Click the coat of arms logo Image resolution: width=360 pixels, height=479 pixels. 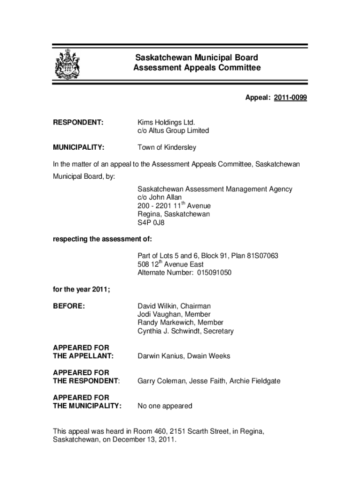coord(67,65)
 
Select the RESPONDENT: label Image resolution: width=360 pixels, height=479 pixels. coord(78,123)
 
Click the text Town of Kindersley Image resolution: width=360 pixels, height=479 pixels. coord(167,147)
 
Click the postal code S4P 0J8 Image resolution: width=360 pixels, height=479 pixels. coord(151,223)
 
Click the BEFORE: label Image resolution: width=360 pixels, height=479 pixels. coord(69,306)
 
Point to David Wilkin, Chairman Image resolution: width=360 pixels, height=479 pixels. coord(174,306)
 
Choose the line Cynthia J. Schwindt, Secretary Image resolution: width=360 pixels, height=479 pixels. coord(185,331)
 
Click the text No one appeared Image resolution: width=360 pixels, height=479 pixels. coord(165,406)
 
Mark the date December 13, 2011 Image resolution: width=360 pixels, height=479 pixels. coord(139,440)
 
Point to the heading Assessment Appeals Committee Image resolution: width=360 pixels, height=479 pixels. coord(196,68)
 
